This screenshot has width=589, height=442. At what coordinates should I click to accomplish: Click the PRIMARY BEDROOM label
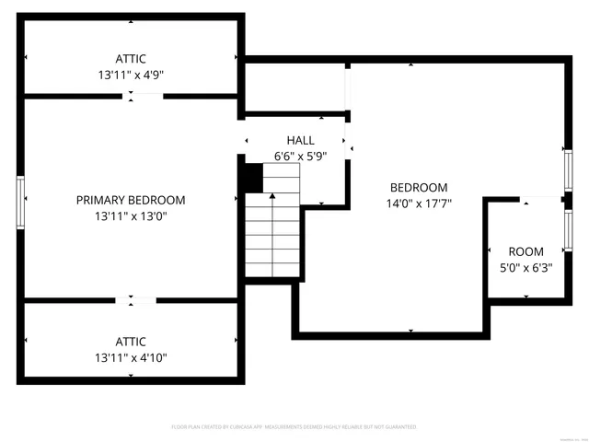pyautogui.click(x=130, y=200)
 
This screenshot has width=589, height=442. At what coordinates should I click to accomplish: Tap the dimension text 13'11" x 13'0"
pyautogui.click(x=130, y=216)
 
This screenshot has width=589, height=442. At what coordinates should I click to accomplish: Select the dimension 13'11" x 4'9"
pyautogui.click(x=130, y=75)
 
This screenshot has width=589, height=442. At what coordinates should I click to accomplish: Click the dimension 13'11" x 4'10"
pyautogui.click(x=130, y=357)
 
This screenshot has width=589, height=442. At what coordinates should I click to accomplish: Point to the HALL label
pyautogui.click(x=300, y=140)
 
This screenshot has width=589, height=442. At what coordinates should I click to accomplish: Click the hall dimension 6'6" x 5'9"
pyautogui.click(x=300, y=157)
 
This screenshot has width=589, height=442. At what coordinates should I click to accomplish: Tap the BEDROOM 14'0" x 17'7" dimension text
pyautogui.click(x=419, y=204)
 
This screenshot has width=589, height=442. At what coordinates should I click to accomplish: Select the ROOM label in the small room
pyautogui.click(x=525, y=251)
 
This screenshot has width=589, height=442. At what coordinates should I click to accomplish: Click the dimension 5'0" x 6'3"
pyautogui.click(x=525, y=268)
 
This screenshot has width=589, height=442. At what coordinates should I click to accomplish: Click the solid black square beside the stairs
pyautogui.click(x=251, y=177)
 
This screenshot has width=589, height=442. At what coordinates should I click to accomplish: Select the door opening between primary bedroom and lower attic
pyautogui.click(x=135, y=299)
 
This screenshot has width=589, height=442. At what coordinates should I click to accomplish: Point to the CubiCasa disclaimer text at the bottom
pyautogui.click(x=294, y=427)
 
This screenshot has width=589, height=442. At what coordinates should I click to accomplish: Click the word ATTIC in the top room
pyautogui.click(x=130, y=58)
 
